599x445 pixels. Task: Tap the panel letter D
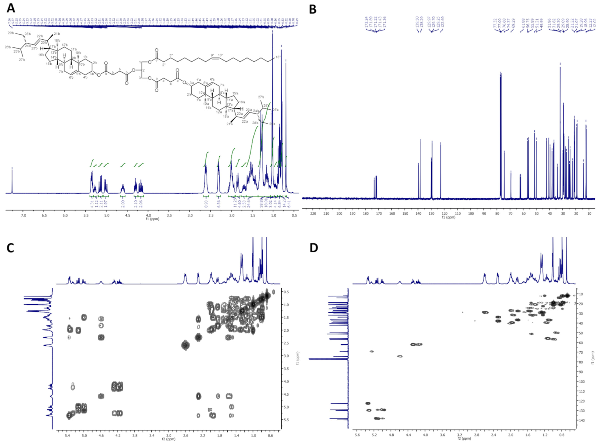[x=314, y=248]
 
